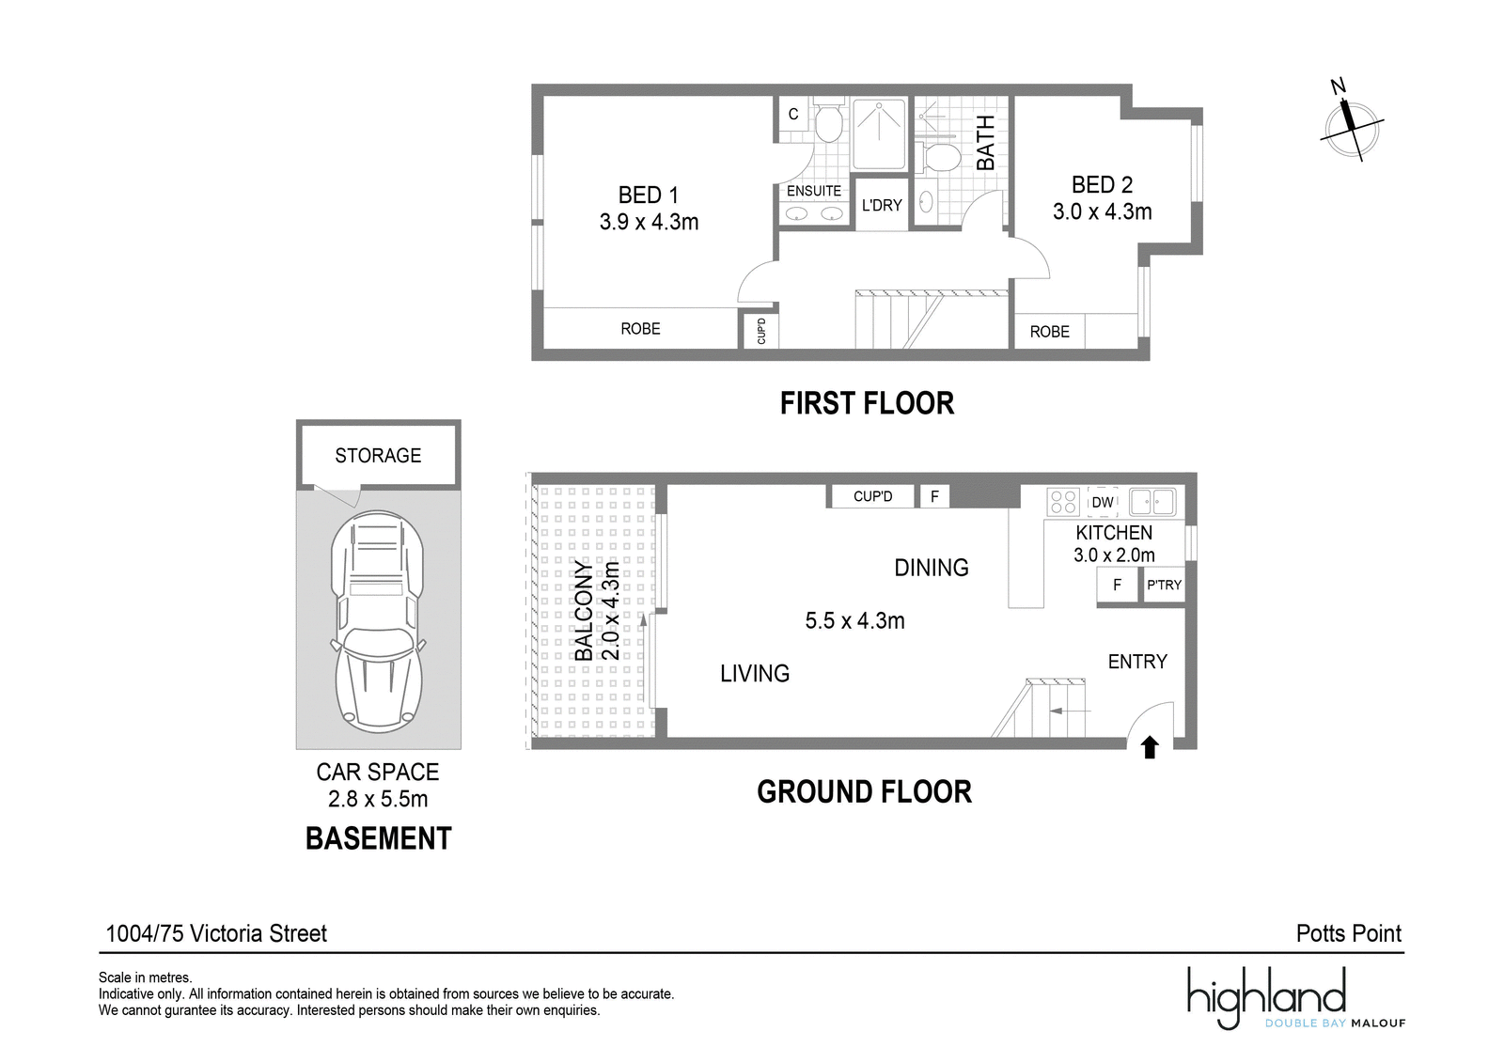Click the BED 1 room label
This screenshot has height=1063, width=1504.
(648, 195)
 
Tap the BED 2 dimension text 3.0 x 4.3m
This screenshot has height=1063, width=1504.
(1102, 211)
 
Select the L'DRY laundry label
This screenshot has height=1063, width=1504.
(882, 206)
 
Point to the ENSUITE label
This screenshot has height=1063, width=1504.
(814, 191)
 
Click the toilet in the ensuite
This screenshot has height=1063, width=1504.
(828, 118)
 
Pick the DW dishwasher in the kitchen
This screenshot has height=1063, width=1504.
(1102, 502)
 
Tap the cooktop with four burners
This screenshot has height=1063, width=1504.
(1063, 502)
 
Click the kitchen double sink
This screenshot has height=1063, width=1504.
(1152, 502)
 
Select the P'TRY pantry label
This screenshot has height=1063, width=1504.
(1164, 585)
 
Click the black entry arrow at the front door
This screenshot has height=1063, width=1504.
(1151, 746)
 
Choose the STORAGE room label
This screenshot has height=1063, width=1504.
(378, 455)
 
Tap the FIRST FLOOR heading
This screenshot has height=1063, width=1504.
(867, 403)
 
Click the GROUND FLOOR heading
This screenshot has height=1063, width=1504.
(864, 791)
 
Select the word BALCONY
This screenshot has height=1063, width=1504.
(584, 610)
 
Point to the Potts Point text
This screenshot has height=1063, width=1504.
(1348, 933)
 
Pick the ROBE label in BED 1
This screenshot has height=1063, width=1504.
(640, 329)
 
